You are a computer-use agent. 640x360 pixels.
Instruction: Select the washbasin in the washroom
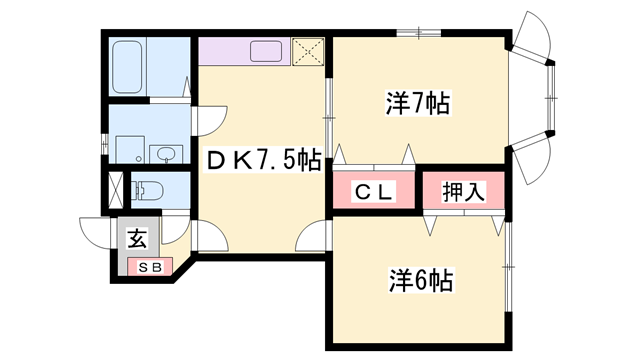click(165, 153)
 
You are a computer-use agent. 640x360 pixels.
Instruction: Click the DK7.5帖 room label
click(263, 160)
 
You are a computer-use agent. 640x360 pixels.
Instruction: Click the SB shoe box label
click(149, 267)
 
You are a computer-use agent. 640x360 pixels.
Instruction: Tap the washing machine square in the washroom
click(127, 148)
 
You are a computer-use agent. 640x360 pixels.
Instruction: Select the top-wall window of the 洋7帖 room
click(418, 34)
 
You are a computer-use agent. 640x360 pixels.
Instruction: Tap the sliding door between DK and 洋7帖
click(328, 110)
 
